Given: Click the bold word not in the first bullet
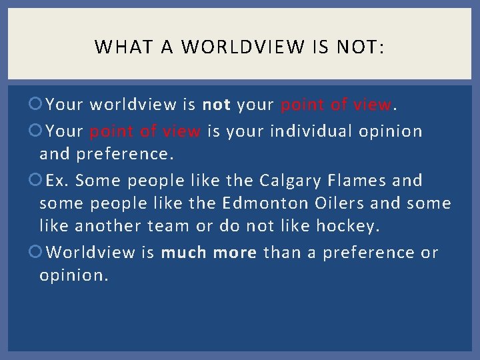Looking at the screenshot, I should coord(216,105).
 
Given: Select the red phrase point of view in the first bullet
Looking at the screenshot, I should coord(337,105).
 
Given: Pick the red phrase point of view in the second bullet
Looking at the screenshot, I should coord(145,131).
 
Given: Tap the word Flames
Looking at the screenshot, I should coord(360,181).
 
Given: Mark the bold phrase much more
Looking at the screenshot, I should coord(209,252).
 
